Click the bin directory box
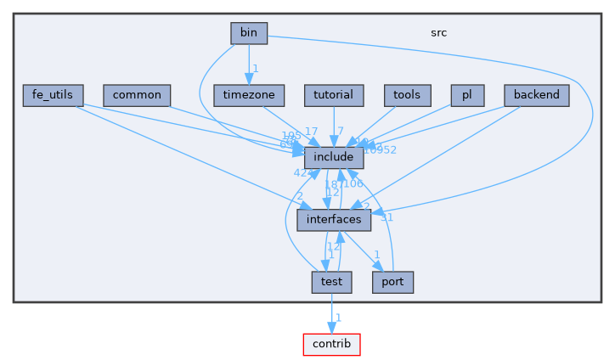[249, 33]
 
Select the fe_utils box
[53, 95]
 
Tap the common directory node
[137, 95]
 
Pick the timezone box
[248, 95]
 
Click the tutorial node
[334, 95]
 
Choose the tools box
[408, 95]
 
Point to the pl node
[467, 95]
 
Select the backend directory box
[536, 95]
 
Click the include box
[334, 157]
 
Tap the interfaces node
[334, 219]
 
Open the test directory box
[331, 282]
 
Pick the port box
[392, 282]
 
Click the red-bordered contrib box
[331, 344]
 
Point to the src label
[438, 33]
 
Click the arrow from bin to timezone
[248, 64]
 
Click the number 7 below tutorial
[340, 131]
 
